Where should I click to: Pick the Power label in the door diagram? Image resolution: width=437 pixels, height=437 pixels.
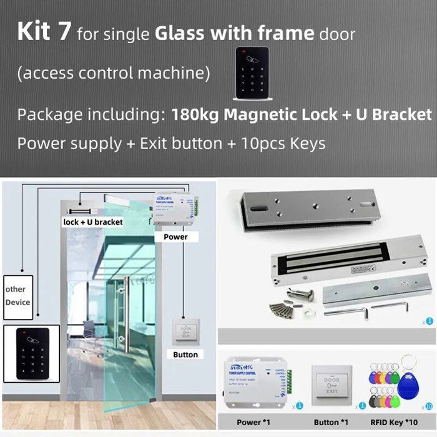[x=175, y=237]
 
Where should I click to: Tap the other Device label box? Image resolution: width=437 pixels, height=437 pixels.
[x=17, y=296]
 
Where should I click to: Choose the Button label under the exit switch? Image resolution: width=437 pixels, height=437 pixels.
[x=185, y=355]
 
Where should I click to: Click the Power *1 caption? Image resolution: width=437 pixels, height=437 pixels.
[x=252, y=422]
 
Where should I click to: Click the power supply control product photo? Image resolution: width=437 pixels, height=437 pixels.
[x=256, y=385]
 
